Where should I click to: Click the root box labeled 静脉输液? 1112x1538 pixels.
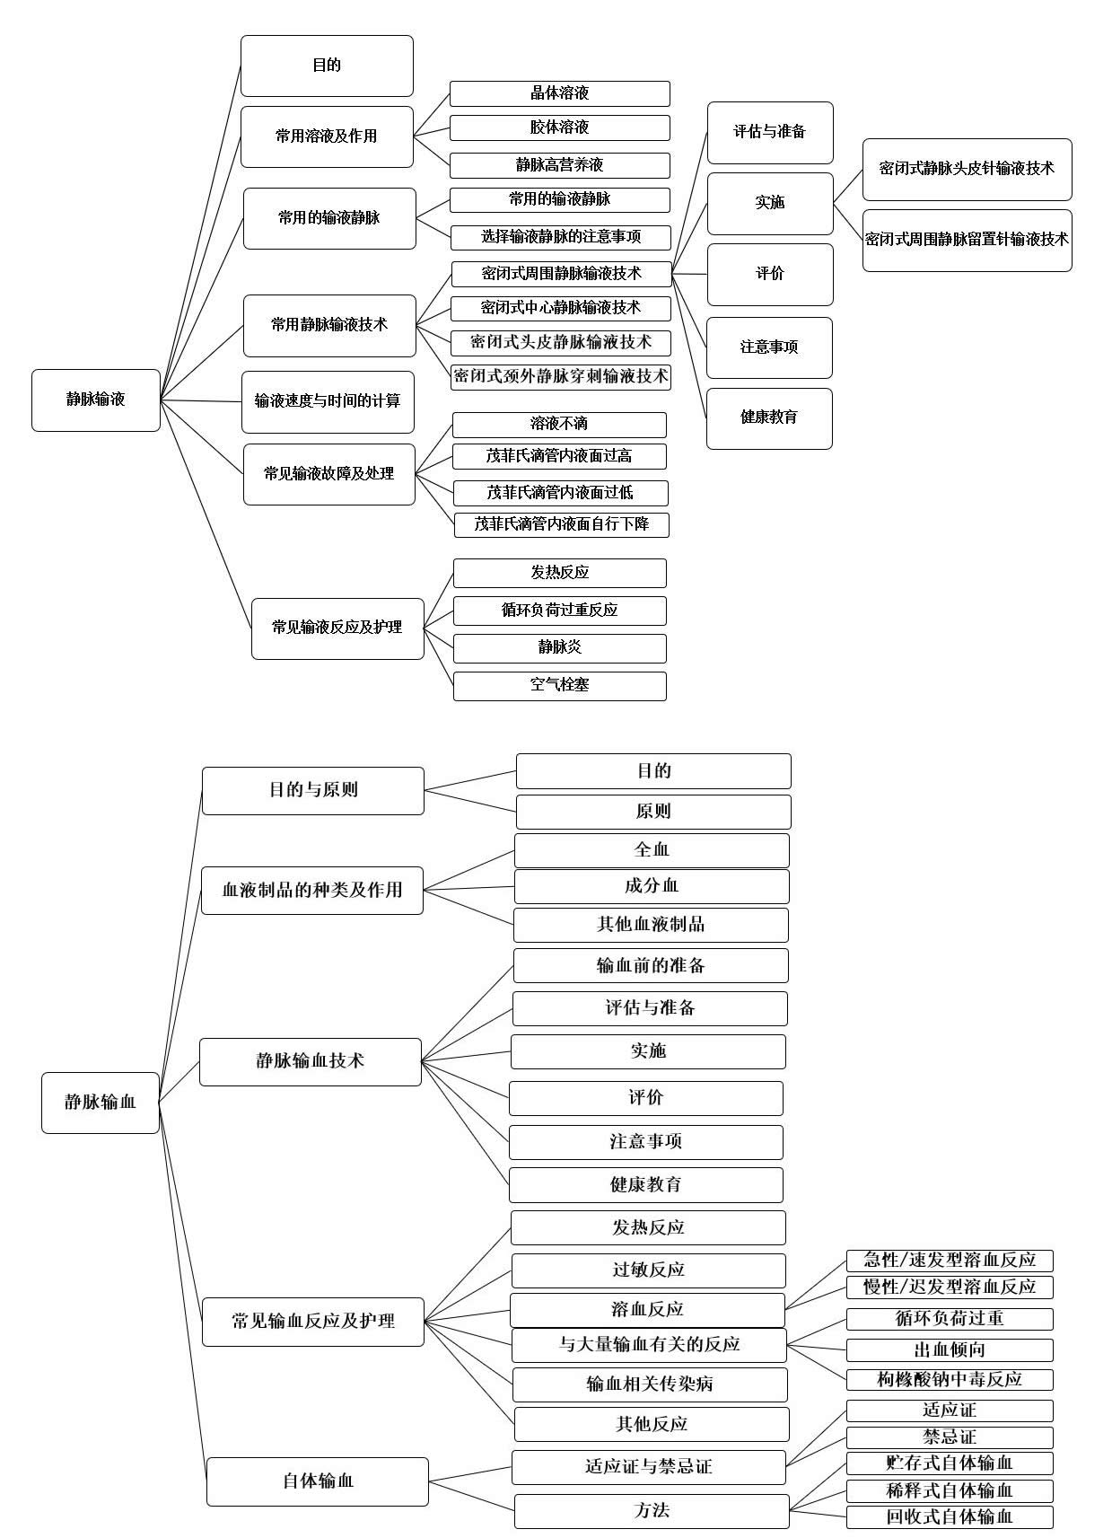click(96, 400)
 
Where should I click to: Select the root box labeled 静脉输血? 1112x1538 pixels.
click(101, 1103)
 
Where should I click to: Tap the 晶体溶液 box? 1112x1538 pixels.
click(559, 93)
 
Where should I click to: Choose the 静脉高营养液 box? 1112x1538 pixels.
click(559, 165)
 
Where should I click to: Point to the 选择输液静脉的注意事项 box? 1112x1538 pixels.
click(560, 237)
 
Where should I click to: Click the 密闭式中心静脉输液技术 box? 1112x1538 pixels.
click(560, 308)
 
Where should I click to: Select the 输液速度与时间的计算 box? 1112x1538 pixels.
click(328, 401)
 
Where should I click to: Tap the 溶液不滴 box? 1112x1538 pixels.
click(559, 424)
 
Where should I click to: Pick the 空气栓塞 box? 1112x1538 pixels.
click(559, 685)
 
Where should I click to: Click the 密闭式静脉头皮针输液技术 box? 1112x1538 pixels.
click(967, 169)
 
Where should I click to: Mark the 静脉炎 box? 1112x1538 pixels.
click(559, 647)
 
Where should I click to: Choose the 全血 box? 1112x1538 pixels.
click(652, 849)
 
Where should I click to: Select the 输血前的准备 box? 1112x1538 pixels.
click(651, 965)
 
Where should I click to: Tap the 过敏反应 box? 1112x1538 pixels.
click(648, 1270)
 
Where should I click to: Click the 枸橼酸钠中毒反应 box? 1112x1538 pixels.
click(950, 1379)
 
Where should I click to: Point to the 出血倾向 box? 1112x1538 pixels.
click(950, 1349)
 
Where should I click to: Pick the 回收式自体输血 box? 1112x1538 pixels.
click(950, 1517)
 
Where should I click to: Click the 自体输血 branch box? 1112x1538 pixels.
click(318, 1481)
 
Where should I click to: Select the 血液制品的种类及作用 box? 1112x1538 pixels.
click(312, 891)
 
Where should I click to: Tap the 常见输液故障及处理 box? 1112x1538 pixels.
click(329, 473)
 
